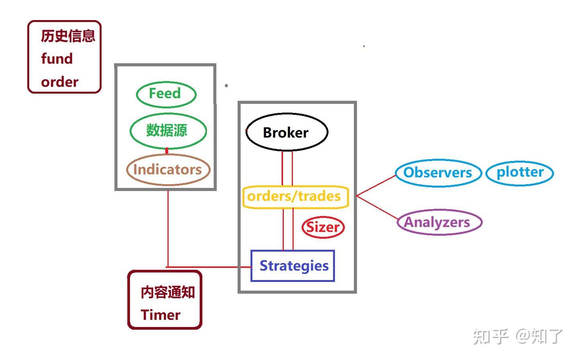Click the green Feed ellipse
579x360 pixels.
tap(166, 94)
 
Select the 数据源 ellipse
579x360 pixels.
tap(168, 131)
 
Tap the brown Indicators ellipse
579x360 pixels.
tap(168, 170)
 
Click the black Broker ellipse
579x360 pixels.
tap(286, 132)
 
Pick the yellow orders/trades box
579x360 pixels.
tap(295, 197)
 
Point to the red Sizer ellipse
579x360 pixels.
tap(323, 227)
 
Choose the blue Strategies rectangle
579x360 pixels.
tap(293, 266)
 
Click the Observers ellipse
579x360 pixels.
tap(438, 173)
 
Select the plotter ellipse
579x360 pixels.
tap(519, 173)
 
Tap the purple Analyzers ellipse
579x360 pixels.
tap(439, 222)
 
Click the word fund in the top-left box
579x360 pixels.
tap(57, 59)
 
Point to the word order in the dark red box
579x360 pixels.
tap(60, 82)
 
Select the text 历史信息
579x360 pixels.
tap(68, 36)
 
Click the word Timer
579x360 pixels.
tap(160, 315)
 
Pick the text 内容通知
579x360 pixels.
tap(167, 292)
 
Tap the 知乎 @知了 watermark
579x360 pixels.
tap(518, 336)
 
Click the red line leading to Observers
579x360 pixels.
tap(376, 185)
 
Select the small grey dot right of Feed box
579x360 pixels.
tap(226, 86)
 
